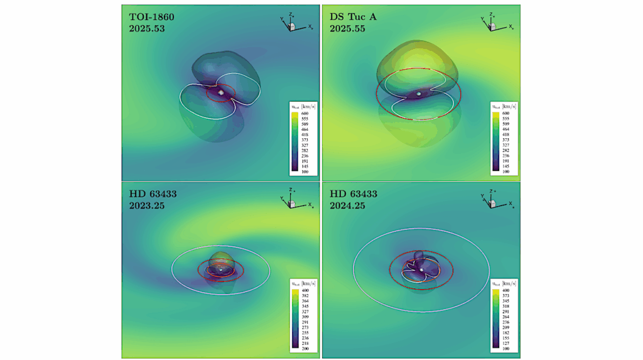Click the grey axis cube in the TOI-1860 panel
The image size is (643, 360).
coord(293,26)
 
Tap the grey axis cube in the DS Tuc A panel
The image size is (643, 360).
coord(494,26)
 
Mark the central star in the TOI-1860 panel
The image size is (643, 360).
coord(221,92)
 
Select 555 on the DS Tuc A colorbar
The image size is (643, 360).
coord(502,118)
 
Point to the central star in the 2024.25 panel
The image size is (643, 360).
coord(421,269)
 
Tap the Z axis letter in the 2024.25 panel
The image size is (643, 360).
coord(492,190)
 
